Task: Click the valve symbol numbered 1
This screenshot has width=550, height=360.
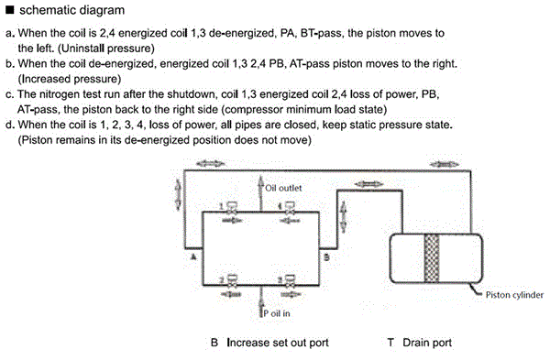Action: click(232, 208)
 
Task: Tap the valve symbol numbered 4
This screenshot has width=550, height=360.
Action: click(290, 208)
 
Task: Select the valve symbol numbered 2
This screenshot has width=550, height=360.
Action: click(232, 281)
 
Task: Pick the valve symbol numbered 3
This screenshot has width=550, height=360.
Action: click(290, 281)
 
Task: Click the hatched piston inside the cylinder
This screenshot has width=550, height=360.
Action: click(432, 258)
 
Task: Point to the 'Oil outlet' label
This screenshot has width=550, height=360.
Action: click(283, 188)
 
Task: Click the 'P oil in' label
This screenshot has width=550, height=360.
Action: click(277, 313)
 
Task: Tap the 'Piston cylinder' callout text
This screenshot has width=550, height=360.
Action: click(514, 295)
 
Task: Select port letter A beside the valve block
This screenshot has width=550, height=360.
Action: click(193, 256)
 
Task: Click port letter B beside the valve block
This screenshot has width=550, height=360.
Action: click(326, 257)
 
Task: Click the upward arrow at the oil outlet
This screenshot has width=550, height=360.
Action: click(260, 193)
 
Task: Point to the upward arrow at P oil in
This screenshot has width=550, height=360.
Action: click(260, 302)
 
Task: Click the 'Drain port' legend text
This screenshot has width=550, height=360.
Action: click(427, 343)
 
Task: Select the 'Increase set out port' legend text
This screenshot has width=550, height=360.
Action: click(278, 343)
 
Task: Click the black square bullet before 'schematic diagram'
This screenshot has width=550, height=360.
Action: click(10, 9)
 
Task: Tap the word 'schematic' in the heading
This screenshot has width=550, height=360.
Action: click(42, 10)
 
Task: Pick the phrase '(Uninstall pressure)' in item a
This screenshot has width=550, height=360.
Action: click(106, 49)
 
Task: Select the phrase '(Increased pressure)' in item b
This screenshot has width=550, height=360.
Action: click(70, 79)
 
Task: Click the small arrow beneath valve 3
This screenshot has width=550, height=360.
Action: click(290, 294)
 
